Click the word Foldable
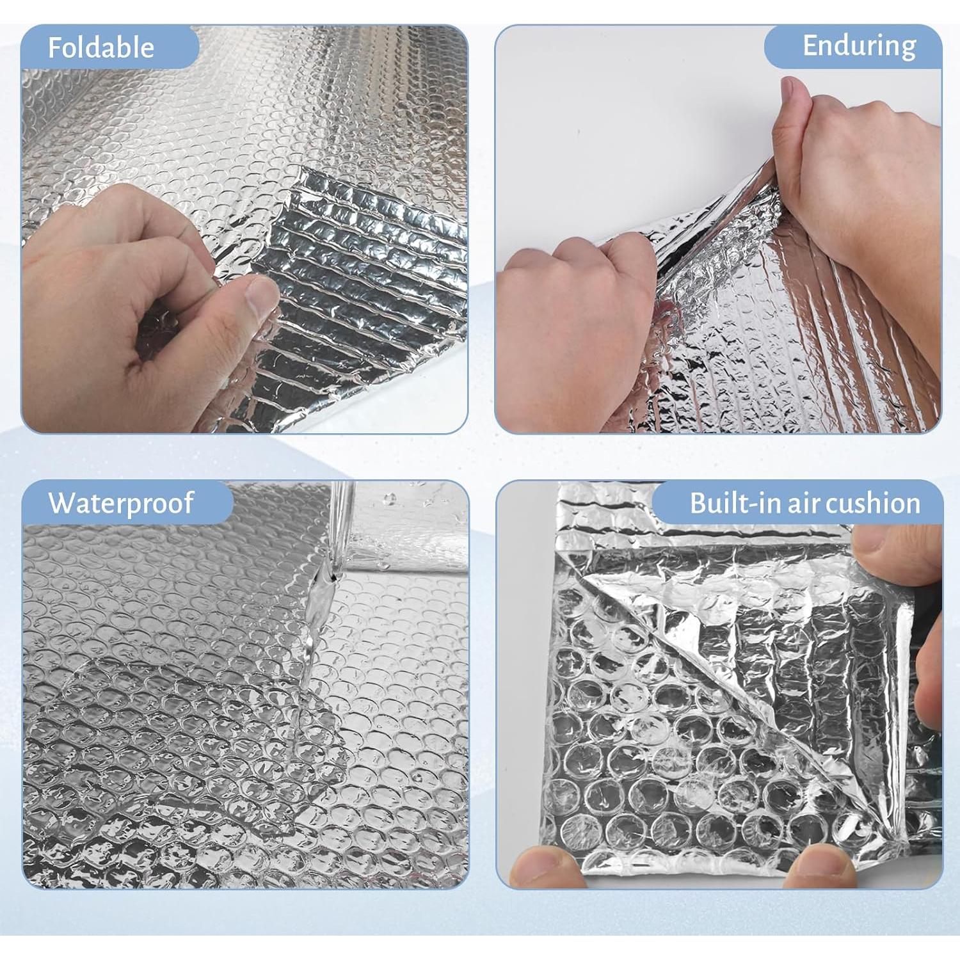[101, 48]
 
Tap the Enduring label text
[859, 46]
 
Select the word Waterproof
[121, 503]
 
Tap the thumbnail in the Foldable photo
[261, 297]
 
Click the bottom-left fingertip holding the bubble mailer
[544, 864]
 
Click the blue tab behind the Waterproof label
[211, 503]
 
